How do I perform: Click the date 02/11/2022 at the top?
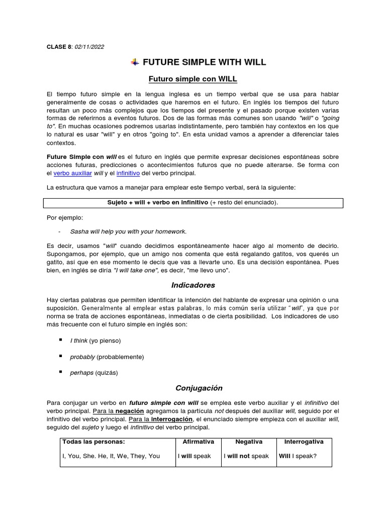(x=89, y=47)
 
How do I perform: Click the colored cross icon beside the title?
(x=135, y=62)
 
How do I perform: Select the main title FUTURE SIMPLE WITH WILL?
(x=204, y=62)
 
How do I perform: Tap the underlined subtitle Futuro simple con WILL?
(x=193, y=79)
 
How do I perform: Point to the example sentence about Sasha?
(x=128, y=231)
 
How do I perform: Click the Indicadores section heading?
(x=193, y=285)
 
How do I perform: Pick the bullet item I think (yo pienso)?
(x=95, y=341)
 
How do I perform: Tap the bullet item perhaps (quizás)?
(x=94, y=373)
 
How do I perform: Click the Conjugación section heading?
(x=199, y=388)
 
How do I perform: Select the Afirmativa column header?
(x=198, y=442)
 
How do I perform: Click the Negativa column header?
(x=249, y=442)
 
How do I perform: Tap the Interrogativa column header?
(x=304, y=442)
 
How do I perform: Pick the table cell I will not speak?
(x=248, y=456)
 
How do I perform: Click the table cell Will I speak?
(x=298, y=456)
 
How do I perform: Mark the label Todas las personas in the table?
(x=93, y=442)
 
